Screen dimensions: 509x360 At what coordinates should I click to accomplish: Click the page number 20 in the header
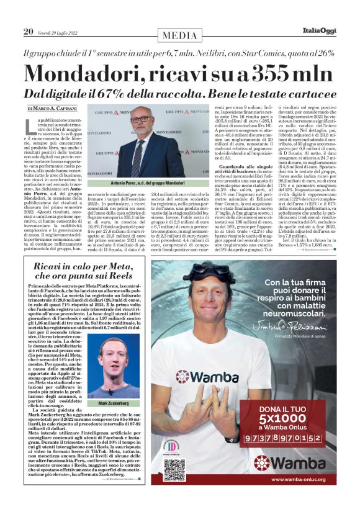(28, 32)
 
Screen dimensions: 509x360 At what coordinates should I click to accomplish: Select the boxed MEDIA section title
(180, 36)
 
